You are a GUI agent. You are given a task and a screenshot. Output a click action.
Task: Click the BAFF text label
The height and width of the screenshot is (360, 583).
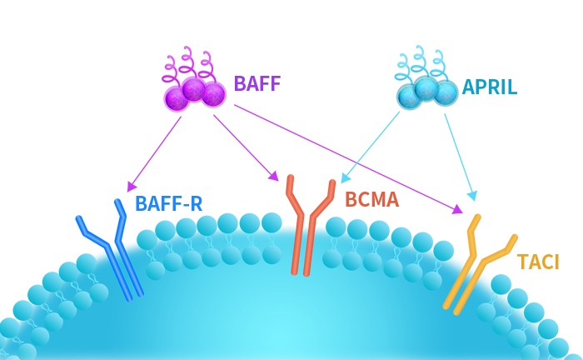256,84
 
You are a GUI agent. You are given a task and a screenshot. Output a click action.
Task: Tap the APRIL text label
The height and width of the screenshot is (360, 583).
490,87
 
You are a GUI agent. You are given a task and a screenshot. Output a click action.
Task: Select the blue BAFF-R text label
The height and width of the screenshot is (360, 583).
169,204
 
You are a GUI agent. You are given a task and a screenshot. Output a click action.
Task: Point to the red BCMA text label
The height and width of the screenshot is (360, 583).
371,200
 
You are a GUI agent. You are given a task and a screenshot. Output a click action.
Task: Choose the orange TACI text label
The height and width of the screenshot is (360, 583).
537,262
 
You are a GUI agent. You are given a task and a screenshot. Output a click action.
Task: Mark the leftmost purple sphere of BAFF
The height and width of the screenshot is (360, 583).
177,99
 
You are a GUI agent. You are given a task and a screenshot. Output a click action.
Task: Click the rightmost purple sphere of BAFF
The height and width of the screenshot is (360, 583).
213,94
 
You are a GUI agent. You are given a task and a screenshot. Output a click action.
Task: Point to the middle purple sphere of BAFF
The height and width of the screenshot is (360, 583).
194,88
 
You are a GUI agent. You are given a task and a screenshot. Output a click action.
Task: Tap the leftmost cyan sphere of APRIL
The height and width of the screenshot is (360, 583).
409,97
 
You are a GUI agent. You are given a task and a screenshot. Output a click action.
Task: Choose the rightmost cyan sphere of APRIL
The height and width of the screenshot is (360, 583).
446,92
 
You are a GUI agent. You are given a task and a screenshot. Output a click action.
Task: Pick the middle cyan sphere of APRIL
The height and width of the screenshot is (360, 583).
426,87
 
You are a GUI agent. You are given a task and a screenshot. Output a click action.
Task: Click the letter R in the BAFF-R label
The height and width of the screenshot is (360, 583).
197,204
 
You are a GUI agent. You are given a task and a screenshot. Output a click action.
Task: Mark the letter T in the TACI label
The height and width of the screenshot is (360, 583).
524,262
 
